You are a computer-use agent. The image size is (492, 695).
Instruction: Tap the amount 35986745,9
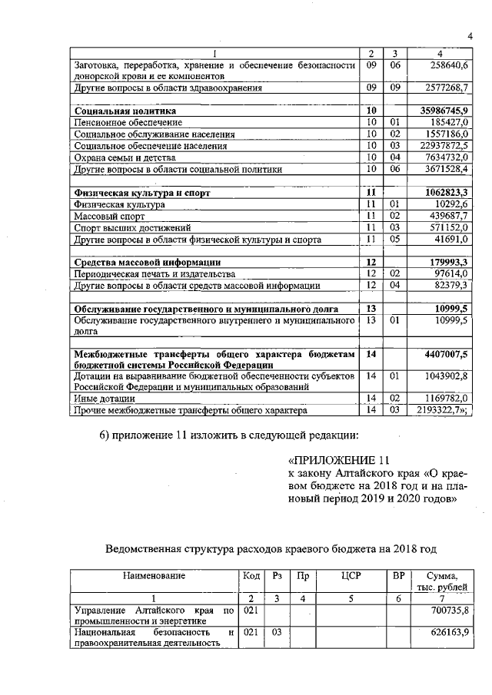pos(438,111)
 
